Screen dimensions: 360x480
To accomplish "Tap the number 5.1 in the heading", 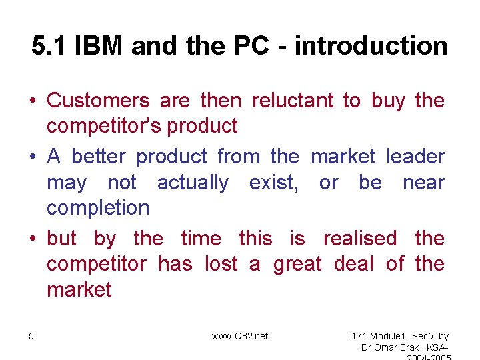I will (51, 46).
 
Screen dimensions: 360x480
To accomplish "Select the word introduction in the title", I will (371, 46).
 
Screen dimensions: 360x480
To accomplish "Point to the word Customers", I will (99, 101).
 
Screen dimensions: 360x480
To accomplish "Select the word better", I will (99, 157).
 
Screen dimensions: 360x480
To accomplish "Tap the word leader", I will (415, 157).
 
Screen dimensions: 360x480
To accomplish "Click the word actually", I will (193, 183).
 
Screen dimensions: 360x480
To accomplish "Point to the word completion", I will (98, 208).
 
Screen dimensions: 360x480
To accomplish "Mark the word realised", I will (359, 238).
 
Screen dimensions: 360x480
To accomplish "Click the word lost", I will (221, 264).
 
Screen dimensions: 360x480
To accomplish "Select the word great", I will (297, 264).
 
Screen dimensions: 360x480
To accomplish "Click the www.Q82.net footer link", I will (240, 336).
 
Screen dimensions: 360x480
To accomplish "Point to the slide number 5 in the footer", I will (31, 336).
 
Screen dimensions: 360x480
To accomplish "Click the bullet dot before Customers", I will (32, 101).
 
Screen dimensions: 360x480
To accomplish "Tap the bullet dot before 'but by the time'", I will (32, 239).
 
